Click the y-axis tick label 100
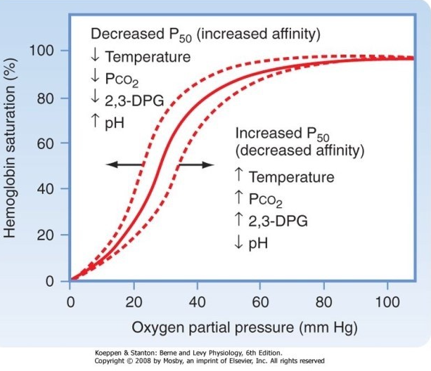pyautogui.click(x=43, y=51)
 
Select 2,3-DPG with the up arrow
pyautogui.click(x=279, y=221)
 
